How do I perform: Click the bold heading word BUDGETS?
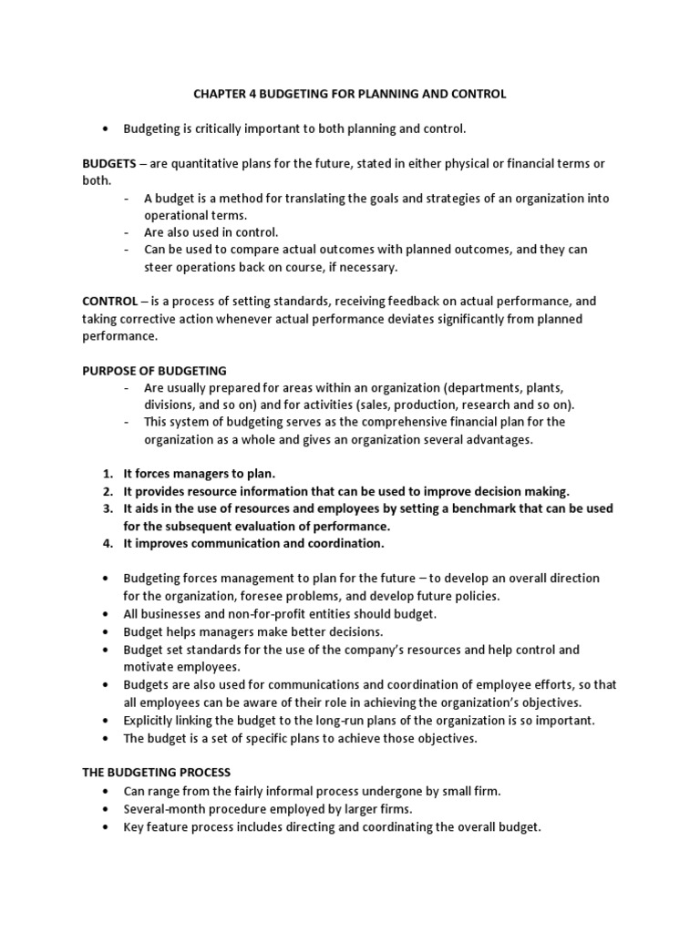pyautogui.click(x=108, y=163)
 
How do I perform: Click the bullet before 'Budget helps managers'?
pyautogui.click(x=108, y=631)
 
